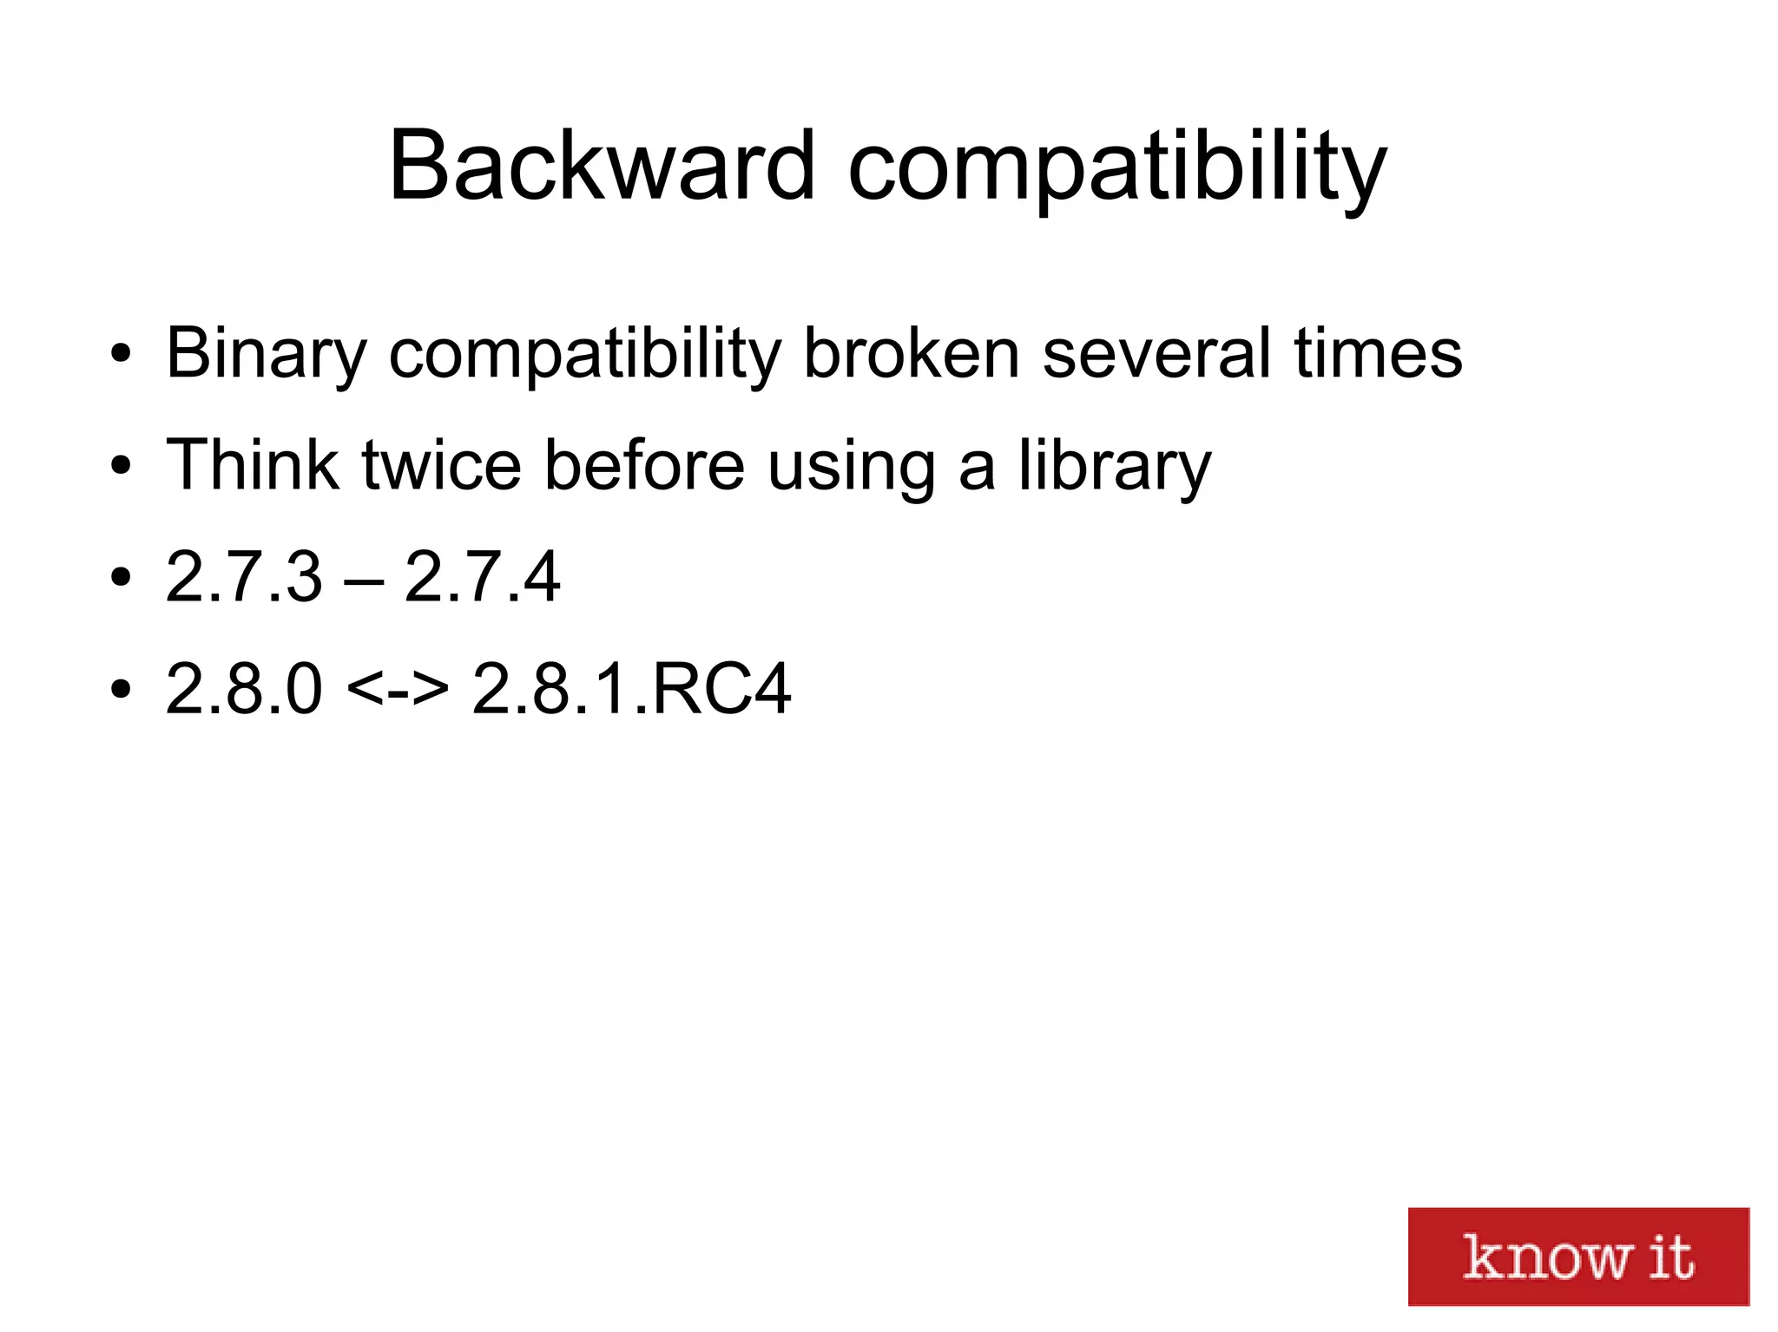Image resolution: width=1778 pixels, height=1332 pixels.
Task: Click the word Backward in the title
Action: pos(602,166)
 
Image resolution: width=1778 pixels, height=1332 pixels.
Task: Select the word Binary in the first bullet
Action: pos(267,354)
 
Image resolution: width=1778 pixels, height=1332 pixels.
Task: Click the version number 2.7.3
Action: pos(243,576)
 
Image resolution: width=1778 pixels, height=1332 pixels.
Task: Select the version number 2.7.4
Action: pos(482,576)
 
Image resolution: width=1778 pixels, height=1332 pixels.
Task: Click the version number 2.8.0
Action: pos(243,688)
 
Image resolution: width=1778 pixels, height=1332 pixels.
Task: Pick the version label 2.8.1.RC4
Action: pos(631,688)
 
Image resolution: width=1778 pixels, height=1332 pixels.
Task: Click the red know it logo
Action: pos(1577,1256)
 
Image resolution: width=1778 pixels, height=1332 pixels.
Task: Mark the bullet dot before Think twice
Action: pos(121,465)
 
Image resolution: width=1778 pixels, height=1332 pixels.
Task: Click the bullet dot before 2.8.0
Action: pos(121,689)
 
